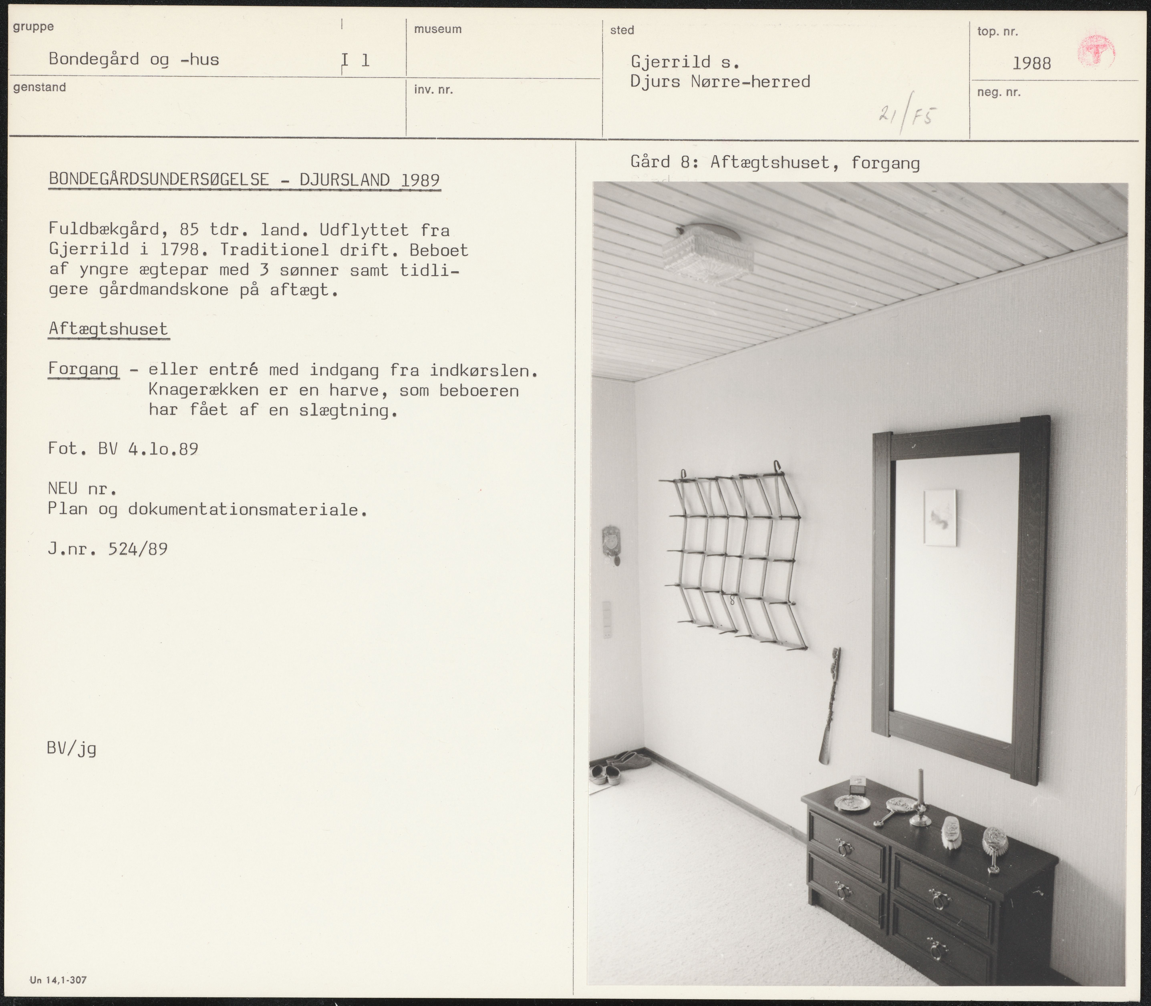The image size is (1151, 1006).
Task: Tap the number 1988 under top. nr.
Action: [1031, 63]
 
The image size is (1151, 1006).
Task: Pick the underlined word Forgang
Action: [83, 369]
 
